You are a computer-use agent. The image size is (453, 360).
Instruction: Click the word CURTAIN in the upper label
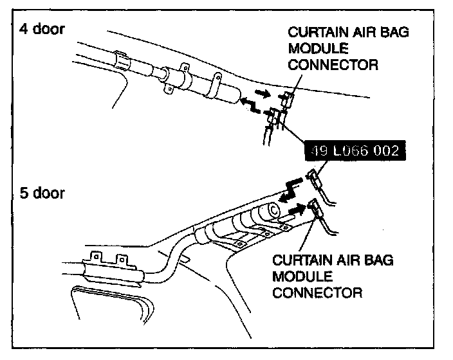pos(315,32)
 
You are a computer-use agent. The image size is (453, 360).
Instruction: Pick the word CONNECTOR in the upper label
pos(333,64)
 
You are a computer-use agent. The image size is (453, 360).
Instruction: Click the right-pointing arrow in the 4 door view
pos(263,93)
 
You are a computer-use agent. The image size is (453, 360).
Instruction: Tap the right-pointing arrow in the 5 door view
pos(295,209)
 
